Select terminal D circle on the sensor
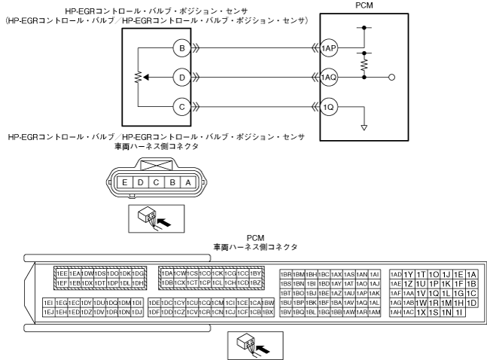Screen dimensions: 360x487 [x=181, y=77]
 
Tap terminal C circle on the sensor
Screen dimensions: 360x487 [x=181, y=105]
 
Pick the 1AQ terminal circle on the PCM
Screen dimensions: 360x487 [x=328, y=77]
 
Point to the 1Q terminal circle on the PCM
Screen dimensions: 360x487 [x=328, y=105]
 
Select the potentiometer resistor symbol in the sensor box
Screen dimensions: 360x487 [x=138, y=77]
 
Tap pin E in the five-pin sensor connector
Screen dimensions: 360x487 [x=123, y=182]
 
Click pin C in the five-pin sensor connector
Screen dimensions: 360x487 [x=156, y=182]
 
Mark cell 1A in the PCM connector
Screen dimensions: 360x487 [x=471, y=273]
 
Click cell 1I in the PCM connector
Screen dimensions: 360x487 [x=458, y=312]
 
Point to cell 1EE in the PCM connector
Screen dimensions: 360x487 [x=62, y=273]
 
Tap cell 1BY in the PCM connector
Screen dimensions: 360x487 [x=254, y=273]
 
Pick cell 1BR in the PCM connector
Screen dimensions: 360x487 [x=285, y=273]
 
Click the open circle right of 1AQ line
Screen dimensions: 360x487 [x=392, y=77]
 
